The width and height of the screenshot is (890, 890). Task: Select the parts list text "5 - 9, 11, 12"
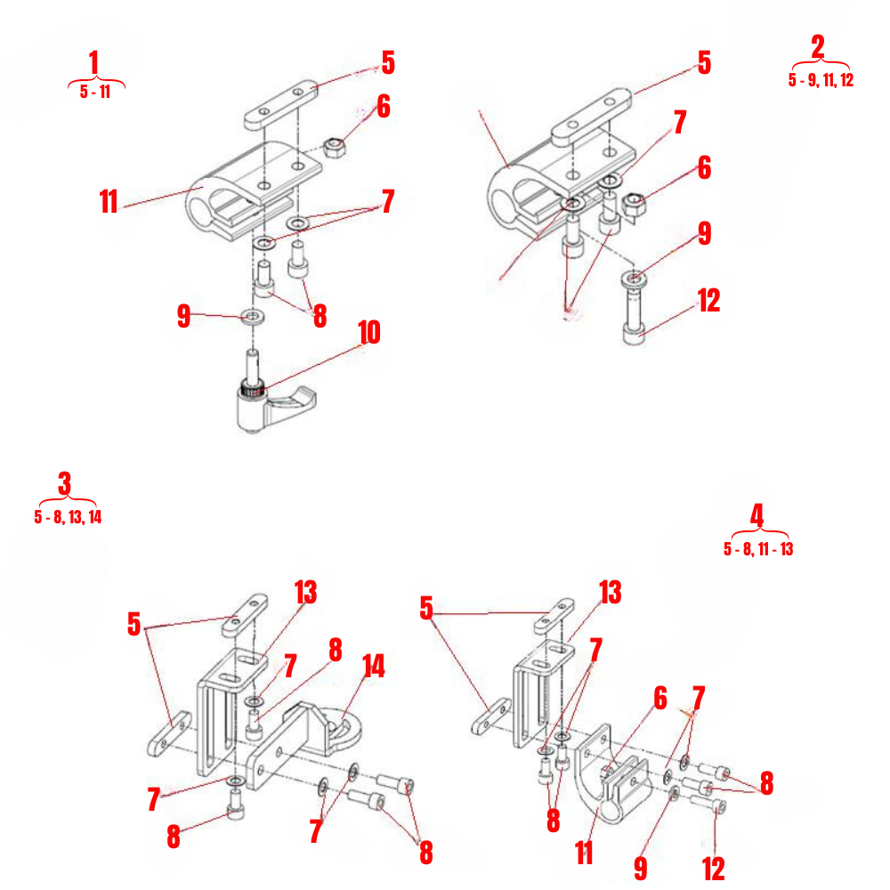click(821, 80)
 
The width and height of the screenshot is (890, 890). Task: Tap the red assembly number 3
click(64, 485)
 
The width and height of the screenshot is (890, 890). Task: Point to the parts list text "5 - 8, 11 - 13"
click(758, 549)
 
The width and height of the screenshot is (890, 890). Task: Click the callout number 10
click(368, 333)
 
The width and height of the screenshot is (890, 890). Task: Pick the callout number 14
click(374, 667)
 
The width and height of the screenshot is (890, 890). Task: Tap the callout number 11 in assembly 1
click(109, 202)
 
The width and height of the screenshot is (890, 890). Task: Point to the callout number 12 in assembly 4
click(714, 868)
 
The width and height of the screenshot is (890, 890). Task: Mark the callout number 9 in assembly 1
click(184, 316)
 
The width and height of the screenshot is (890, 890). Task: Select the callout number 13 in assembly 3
click(306, 592)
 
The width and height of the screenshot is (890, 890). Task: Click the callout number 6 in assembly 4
click(659, 700)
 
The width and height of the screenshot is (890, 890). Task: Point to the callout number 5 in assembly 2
click(704, 62)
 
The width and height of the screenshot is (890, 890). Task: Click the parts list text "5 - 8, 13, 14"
click(69, 517)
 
